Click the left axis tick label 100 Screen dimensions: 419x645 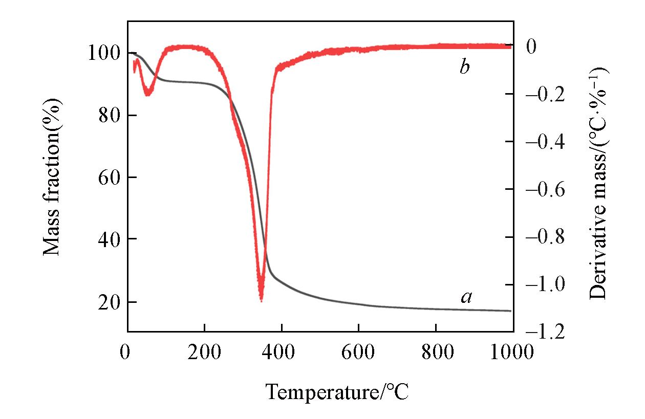click(104, 54)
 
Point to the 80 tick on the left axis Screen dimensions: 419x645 click(109, 116)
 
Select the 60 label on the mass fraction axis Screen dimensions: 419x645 click(109, 178)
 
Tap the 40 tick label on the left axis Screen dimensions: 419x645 click(109, 239)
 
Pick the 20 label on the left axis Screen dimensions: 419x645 click(109, 301)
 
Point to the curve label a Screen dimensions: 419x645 click(466, 297)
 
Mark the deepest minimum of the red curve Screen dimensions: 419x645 click(261, 300)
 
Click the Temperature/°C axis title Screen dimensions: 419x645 click(337, 392)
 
